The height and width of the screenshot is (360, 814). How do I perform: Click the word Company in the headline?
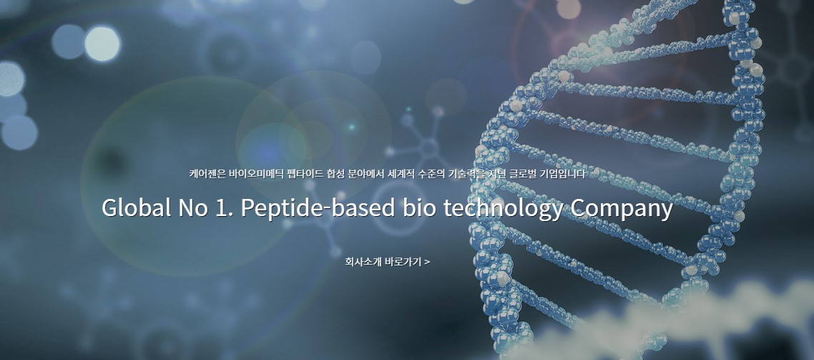622,208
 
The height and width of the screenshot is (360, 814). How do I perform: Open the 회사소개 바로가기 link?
387,261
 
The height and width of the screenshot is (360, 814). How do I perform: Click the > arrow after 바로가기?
426,261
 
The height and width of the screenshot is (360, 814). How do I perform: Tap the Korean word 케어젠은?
207,173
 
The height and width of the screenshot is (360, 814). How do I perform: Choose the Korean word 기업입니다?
563,173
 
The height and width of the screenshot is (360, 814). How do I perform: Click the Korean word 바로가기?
402,261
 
